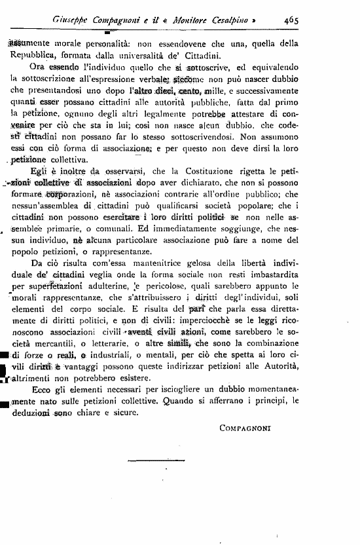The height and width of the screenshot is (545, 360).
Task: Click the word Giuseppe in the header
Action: pyautogui.click(x=70, y=20)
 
